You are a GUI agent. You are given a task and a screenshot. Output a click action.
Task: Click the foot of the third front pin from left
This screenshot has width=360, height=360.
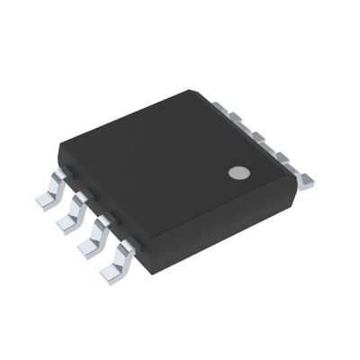tap(90, 246)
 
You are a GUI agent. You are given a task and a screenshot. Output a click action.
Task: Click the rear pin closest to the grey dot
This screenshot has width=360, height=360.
tap(305, 183)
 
